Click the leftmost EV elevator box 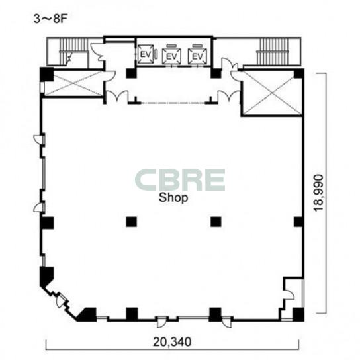[146, 54]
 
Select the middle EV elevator [171, 56]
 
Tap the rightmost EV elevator [197, 56]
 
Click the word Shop [173, 197]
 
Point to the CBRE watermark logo [180, 180]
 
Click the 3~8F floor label [50, 19]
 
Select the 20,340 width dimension [172, 342]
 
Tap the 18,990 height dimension [319, 193]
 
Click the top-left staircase [73, 52]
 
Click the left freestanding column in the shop [131, 222]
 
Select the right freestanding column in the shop [216, 222]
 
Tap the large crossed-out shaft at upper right [272, 93]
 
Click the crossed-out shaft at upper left [73, 83]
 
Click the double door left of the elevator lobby [117, 96]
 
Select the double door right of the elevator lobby [229, 96]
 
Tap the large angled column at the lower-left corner [46, 275]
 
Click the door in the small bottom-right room [289, 295]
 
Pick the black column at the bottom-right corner [298, 314]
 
